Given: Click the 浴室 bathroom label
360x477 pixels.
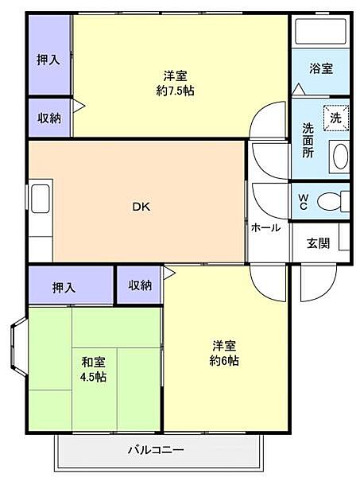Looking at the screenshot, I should [321, 68].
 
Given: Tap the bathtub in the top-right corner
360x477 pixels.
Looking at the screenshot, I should [321, 32].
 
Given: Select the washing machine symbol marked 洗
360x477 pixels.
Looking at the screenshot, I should [335, 118].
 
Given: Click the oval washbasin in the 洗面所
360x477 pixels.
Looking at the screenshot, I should [340, 156].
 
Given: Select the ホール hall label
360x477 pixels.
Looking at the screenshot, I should [265, 227].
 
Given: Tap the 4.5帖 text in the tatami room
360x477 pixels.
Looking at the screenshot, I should [93, 377].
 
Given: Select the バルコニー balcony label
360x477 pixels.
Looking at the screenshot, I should [157, 451].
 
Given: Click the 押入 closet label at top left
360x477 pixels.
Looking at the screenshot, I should [48, 60].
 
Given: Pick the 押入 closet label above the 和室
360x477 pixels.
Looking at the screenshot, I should [64, 287].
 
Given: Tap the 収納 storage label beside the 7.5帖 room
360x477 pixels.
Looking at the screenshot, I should [49, 118].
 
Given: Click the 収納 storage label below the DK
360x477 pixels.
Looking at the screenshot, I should [140, 285].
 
